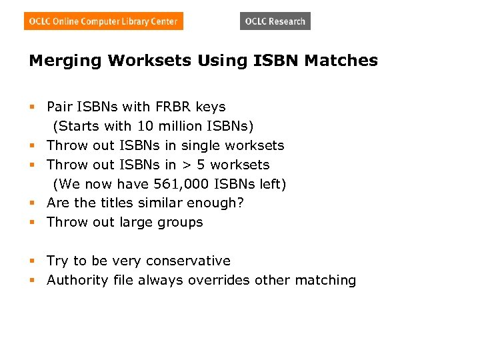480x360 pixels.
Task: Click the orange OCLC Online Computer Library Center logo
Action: coord(103,21)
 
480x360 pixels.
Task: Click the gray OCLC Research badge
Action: coord(275,21)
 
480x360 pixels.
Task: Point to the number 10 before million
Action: coord(145,126)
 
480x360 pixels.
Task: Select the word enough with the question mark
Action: coord(221,203)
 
